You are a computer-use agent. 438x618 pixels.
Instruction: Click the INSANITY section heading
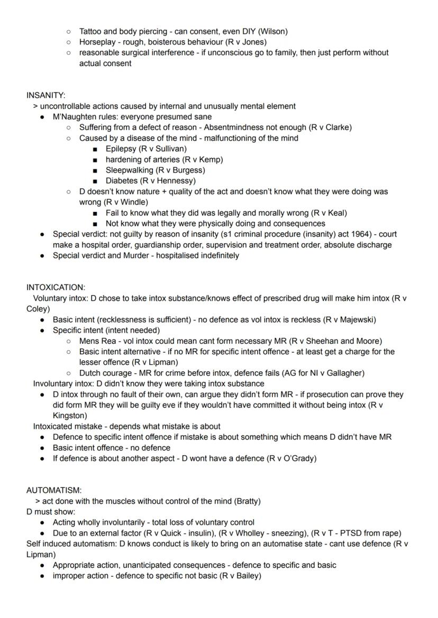click(x=45, y=95)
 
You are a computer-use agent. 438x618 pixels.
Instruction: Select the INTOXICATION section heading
click(x=56, y=288)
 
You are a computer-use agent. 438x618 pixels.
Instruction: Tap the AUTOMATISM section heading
click(x=53, y=491)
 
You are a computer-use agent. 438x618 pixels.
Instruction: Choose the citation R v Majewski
click(x=350, y=320)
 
